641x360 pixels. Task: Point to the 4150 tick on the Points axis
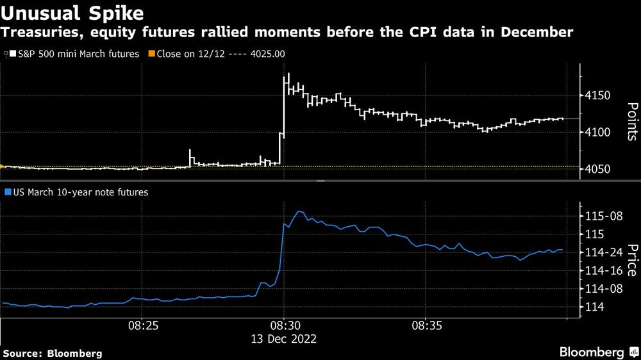click(x=600, y=96)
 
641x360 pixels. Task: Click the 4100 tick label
click(x=600, y=133)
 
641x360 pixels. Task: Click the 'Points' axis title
click(x=631, y=121)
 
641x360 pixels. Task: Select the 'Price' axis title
click(x=631, y=260)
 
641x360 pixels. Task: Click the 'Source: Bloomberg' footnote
click(x=53, y=353)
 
